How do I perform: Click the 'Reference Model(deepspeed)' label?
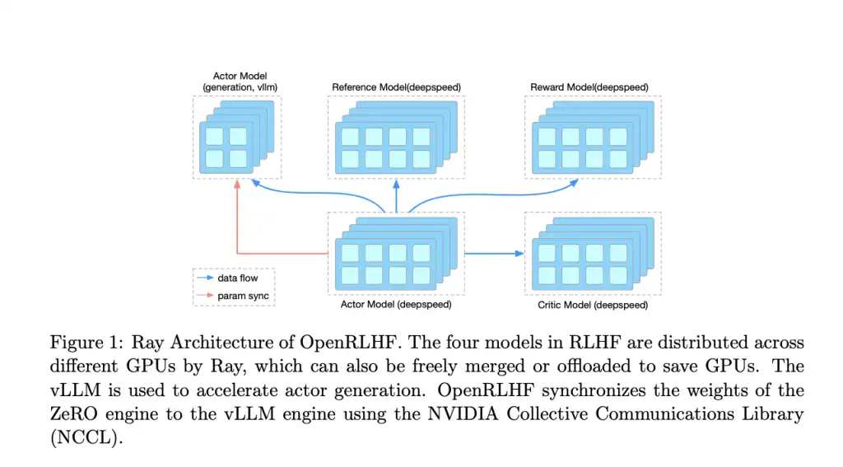(396, 86)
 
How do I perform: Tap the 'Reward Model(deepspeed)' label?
(589, 86)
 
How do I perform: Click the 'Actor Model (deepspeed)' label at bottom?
(396, 305)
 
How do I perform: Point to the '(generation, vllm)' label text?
(237, 86)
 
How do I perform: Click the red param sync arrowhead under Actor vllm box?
(237, 184)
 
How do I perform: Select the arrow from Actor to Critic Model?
(494, 253)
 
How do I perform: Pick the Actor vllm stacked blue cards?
(233, 137)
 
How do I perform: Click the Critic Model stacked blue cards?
(589, 254)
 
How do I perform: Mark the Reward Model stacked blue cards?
(589, 137)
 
